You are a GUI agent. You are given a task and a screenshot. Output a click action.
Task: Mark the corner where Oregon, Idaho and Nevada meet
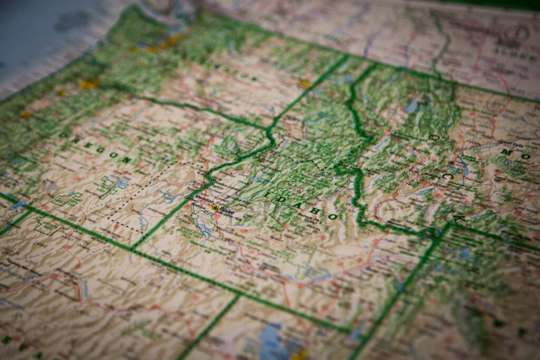tap(132, 248)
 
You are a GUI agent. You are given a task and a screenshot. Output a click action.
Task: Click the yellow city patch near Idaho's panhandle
tap(304, 83)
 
